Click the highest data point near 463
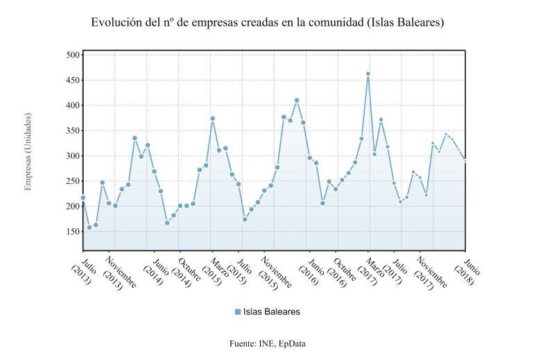pyautogui.click(x=368, y=74)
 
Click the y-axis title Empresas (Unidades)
pyautogui.click(x=28, y=151)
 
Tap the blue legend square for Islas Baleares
pyautogui.click(x=238, y=312)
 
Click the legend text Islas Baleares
pyautogui.click(x=272, y=312)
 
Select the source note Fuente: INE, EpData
pyautogui.click(x=267, y=343)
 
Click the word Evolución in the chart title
pyautogui.click(x=115, y=22)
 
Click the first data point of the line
pyautogui.click(x=83, y=198)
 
